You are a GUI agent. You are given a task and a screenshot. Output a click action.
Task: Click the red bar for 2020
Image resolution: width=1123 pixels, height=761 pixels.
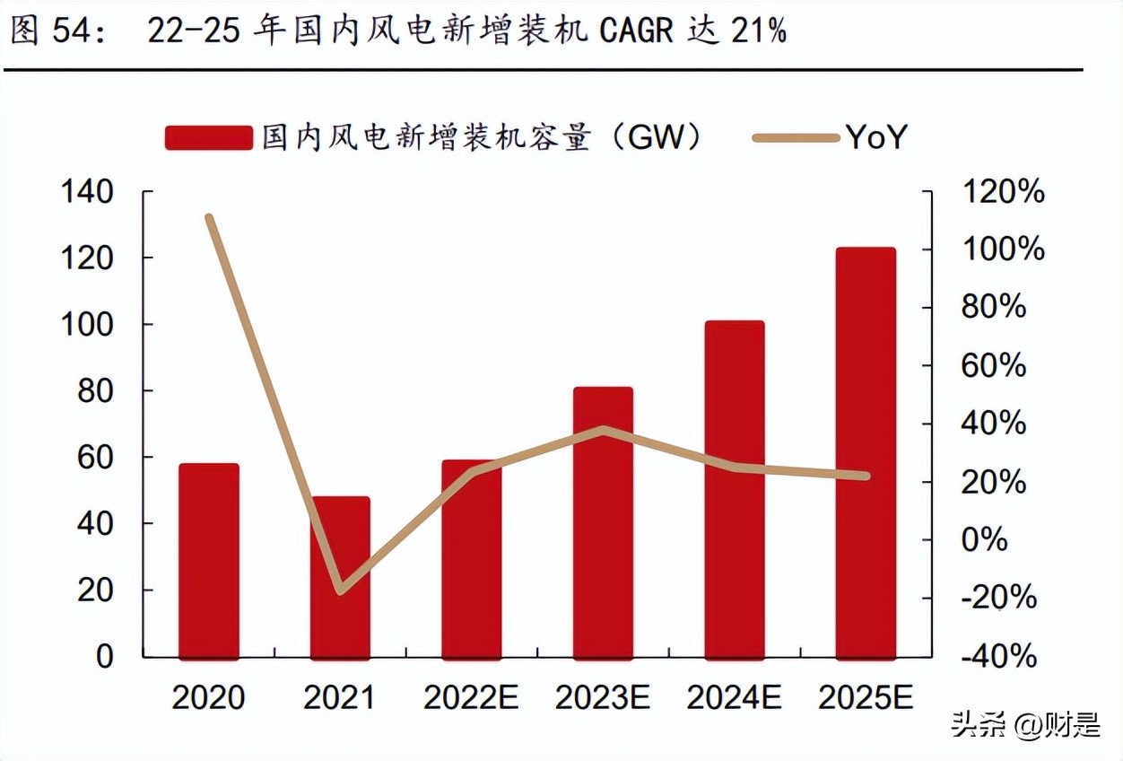pos(209,561)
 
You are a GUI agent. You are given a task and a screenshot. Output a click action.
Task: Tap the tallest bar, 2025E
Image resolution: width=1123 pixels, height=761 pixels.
pos(866,453)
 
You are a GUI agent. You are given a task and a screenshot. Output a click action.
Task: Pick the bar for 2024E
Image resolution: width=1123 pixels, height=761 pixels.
pos(735,489)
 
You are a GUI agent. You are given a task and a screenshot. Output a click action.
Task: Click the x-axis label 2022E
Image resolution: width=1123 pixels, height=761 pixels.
pos(471,697)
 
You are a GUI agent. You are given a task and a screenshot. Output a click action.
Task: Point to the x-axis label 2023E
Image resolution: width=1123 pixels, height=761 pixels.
pos(603,697)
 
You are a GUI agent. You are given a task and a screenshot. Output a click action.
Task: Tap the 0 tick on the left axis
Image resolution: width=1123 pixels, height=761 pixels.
pos(105,656)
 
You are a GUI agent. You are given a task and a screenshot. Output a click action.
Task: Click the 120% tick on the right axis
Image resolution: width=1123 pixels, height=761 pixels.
pos(1003,191)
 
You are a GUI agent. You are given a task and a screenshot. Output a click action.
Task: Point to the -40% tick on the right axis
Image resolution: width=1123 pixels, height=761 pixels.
pos(998,656)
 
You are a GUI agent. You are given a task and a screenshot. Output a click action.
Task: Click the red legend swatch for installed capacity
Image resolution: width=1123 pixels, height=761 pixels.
pos(208,137)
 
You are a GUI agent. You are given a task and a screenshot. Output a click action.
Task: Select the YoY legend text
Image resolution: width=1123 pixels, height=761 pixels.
pos(876,137)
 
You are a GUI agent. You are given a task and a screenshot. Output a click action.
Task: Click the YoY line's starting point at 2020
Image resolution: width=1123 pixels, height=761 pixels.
pos(209,217)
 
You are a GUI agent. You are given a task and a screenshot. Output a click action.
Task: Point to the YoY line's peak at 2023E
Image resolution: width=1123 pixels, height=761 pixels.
pos(604,430)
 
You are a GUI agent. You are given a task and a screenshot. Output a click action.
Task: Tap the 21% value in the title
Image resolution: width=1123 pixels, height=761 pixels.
pos(757,31)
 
